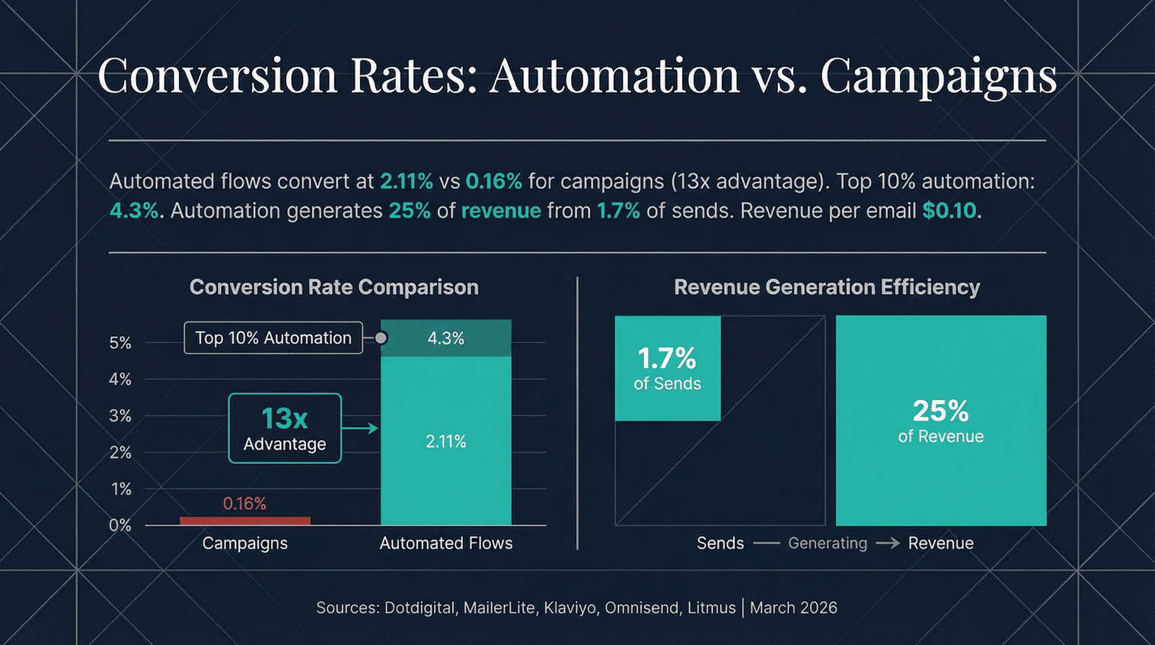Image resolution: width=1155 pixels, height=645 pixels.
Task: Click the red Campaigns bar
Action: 244,521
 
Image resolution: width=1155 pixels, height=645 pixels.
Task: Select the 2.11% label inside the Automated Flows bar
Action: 445,442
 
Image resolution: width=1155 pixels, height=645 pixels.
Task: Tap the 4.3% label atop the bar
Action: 445,338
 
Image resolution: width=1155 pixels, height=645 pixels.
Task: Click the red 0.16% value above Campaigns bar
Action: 244,503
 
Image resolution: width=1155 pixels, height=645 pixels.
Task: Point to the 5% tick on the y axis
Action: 120,343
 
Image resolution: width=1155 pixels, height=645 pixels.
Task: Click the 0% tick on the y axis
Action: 120,525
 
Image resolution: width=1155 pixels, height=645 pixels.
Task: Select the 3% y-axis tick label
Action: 120,416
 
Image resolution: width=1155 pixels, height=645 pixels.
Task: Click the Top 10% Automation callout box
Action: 273,338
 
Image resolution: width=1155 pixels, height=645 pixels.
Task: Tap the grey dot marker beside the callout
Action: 381,338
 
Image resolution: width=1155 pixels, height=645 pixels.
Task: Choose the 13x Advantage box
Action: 285,428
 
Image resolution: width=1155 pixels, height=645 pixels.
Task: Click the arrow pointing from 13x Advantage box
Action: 360,428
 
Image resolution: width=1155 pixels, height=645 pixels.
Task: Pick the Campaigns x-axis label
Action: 244,543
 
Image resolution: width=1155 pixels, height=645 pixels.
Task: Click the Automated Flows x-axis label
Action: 445,543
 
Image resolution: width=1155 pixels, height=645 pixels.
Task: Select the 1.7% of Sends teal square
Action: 667,368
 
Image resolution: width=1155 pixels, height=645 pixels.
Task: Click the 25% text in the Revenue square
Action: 940,411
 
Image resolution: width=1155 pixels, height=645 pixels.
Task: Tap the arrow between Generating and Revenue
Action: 887,543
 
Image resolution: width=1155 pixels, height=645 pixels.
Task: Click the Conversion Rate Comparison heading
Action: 333,287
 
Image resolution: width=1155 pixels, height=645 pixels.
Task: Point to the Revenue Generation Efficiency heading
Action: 826,287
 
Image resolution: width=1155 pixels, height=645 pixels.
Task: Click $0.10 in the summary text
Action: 949,211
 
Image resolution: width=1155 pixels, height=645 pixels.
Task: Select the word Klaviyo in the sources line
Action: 570,608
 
